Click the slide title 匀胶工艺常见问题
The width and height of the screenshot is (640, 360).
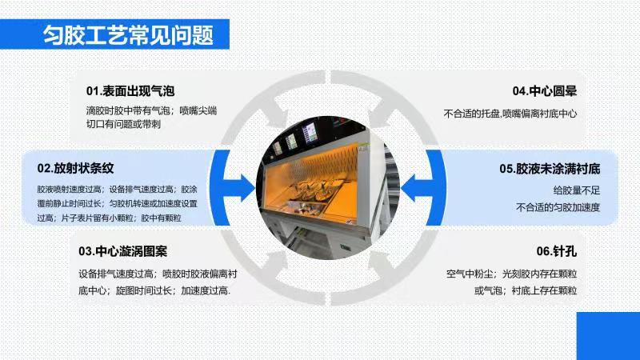coord(128,34)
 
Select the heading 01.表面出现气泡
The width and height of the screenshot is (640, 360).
coord(130,91)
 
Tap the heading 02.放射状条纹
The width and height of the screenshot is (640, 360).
coord(75,168)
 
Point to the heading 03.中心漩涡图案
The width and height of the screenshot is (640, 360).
coord(123,251)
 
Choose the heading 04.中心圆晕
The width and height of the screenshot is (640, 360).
coord(545,91)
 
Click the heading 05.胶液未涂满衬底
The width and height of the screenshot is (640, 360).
coord(550,169)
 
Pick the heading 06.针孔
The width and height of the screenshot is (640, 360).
coord(556,251)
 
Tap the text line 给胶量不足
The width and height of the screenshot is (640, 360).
coord(576,190)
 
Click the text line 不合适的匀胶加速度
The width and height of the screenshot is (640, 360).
coord(558,207)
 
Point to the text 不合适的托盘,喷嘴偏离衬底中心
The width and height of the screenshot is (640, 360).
coord(510,114)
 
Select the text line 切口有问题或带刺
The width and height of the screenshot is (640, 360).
coord(123,124)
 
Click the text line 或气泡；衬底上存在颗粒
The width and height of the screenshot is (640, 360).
coord(526,290)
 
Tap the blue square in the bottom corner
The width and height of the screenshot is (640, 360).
coord(608,336)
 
